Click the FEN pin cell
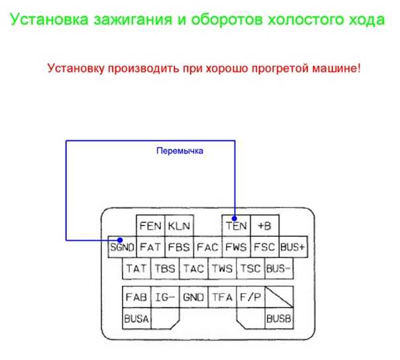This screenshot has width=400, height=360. click(150, 226)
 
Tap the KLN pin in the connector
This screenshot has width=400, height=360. click(179, 226)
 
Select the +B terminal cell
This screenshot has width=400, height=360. click(264, 226)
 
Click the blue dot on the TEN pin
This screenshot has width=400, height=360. click(234, 218)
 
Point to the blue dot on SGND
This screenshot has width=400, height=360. click(120, 240)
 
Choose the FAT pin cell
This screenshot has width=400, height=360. click(150, 247)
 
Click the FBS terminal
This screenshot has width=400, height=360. click(179, 247)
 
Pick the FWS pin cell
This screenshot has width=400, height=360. click(236, 247)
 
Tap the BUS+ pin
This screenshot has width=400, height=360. click(293, 247)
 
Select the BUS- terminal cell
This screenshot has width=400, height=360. click(279, 268)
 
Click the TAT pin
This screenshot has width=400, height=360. click(136, 268)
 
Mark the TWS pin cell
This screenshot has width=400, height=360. click(222, 268)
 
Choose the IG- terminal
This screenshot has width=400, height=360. click(165, 297)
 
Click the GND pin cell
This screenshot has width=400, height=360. click(193, 297)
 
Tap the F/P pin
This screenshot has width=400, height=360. click(250, 297)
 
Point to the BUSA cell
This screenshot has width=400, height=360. click(136, 318)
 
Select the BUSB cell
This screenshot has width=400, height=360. click(279, 318)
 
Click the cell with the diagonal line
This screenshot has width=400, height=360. click(279, 297)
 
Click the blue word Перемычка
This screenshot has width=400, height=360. click(180, 151)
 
